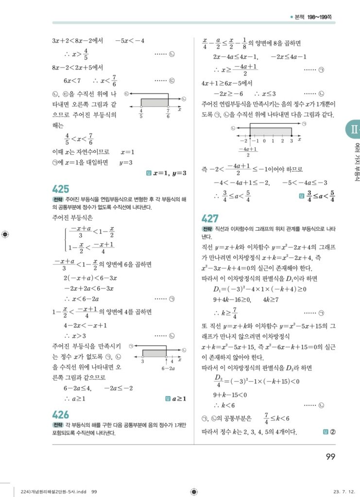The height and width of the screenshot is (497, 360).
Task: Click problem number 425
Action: point(61,189)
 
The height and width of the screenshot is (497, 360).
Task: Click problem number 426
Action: point(61,414)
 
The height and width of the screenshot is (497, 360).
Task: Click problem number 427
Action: point(210,219)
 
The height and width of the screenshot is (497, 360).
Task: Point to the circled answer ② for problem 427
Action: point(332,431)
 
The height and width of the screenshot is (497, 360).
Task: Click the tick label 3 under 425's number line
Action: point(142,361)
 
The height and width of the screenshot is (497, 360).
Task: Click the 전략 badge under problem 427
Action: point(207,229)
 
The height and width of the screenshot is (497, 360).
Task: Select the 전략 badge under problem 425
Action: point(57,200)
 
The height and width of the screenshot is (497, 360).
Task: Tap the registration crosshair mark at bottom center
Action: point(194,492)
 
